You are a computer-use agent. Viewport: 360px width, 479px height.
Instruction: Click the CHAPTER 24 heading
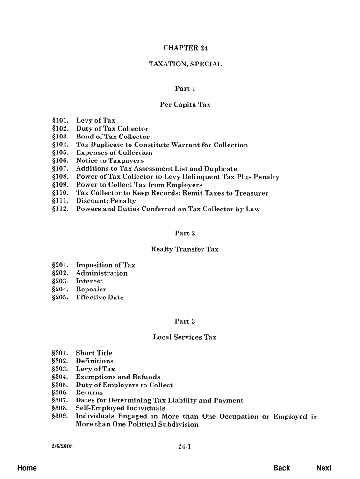tap(185, 48)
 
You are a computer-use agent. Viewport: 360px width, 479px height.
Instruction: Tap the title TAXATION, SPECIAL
tap(185, 64)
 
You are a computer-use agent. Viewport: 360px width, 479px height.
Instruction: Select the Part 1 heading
tap(185, 88)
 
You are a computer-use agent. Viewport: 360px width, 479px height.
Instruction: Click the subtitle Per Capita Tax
tap(185, 105)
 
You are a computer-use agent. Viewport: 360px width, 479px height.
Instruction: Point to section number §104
tap(60, 145)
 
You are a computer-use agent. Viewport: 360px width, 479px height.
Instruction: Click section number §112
tap(60, 209)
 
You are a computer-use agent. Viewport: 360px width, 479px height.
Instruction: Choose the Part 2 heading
tap(185, 233)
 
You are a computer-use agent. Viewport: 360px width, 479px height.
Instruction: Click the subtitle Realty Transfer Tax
tap(185, 249)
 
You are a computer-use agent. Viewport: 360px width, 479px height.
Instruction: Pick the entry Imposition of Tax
tap(106, 265)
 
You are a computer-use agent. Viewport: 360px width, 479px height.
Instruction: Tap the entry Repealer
tap(91, 290)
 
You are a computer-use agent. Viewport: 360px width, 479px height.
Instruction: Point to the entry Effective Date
tap(100, 298)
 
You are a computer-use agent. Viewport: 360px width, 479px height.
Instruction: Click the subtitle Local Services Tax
tap(185, 337)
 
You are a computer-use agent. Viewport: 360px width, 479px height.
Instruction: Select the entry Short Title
tap(94, 353)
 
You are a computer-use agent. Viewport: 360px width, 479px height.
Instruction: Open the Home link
tap(27, 468)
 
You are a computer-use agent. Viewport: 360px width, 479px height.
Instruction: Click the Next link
tap(324, 468)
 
